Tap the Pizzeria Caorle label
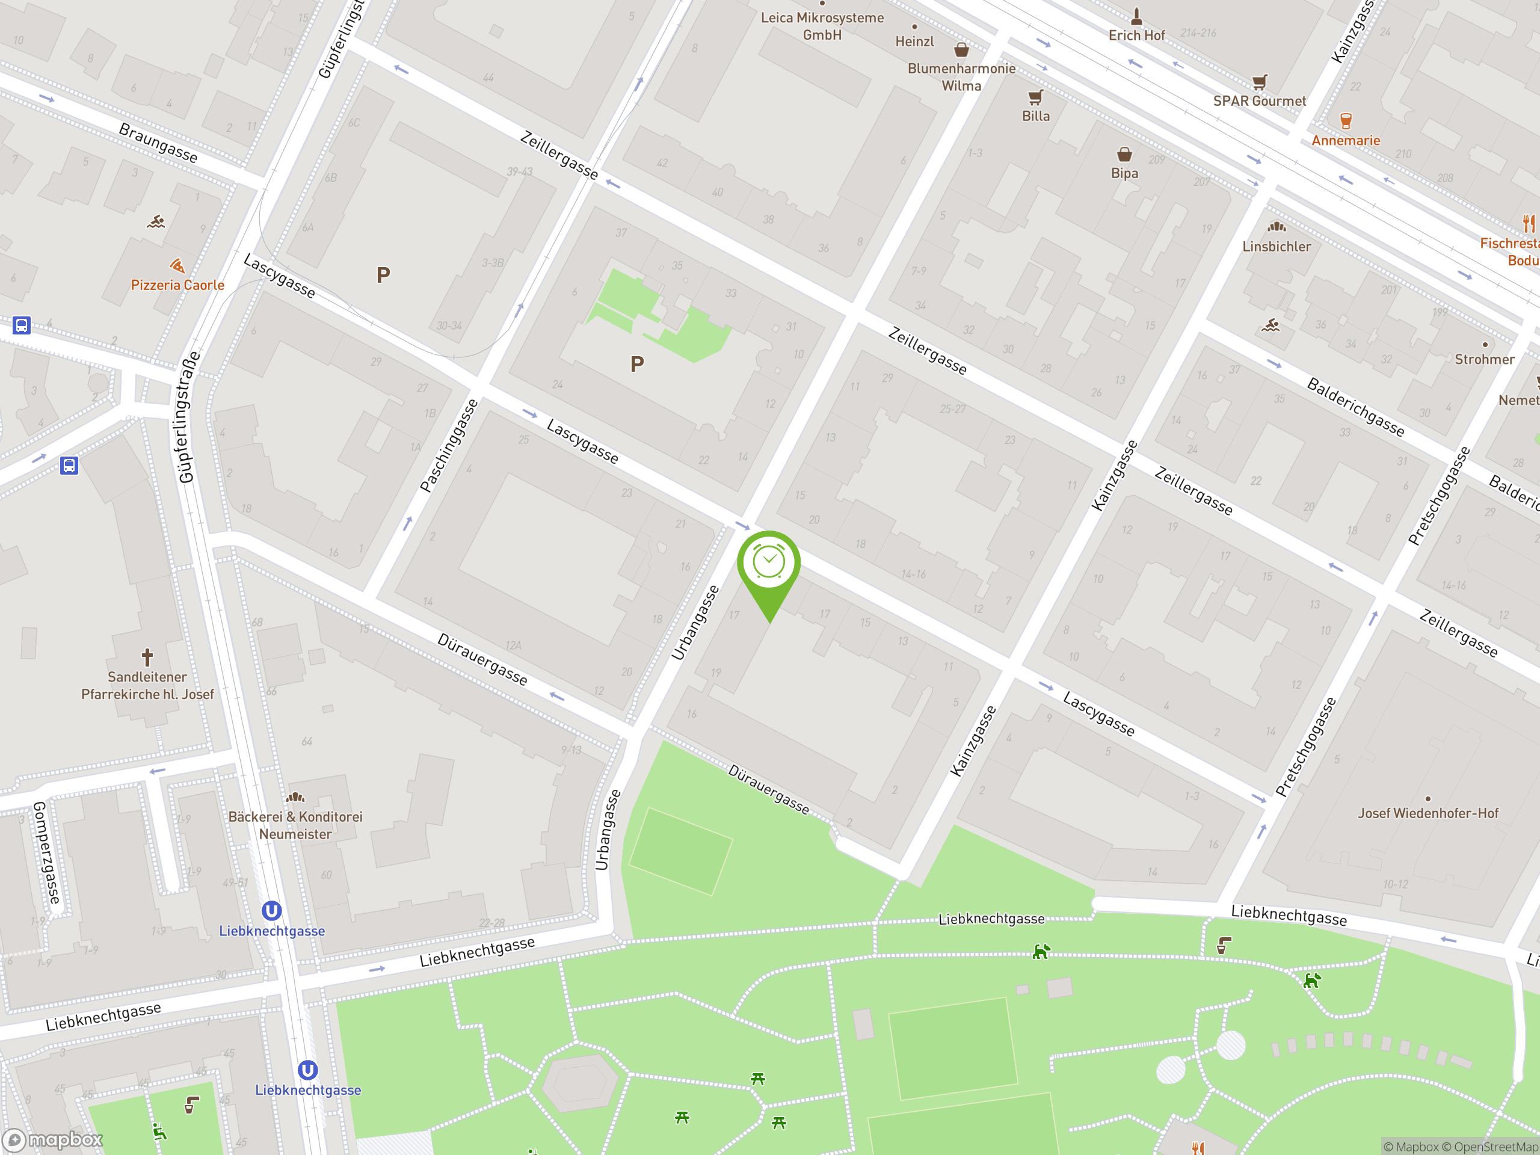click(x=177, y=285)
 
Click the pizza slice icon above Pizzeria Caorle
click(x=177, y=266)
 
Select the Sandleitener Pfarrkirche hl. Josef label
click(x=147, y=685)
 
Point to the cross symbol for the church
click(x=147, y=656)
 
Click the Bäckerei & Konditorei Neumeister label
click(x=295, y=825)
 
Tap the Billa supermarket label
click(x=1035, y=116)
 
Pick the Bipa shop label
click(x=1124, y=173)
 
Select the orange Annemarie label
click(x=1345, y=141)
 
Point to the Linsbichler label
click(x=1276, y=247)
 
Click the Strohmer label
click(x=1484, y=359)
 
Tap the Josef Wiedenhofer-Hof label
click(x=1428, y=813)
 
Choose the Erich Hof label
click(x=1136, y=35)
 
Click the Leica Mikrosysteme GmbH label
click(x=822, y=26)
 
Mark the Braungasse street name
click(x=158, y=143)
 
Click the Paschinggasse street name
click(x=449, y=446)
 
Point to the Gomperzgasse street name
click(x=47, y=852)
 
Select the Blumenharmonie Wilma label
click(x=961, y=77)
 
